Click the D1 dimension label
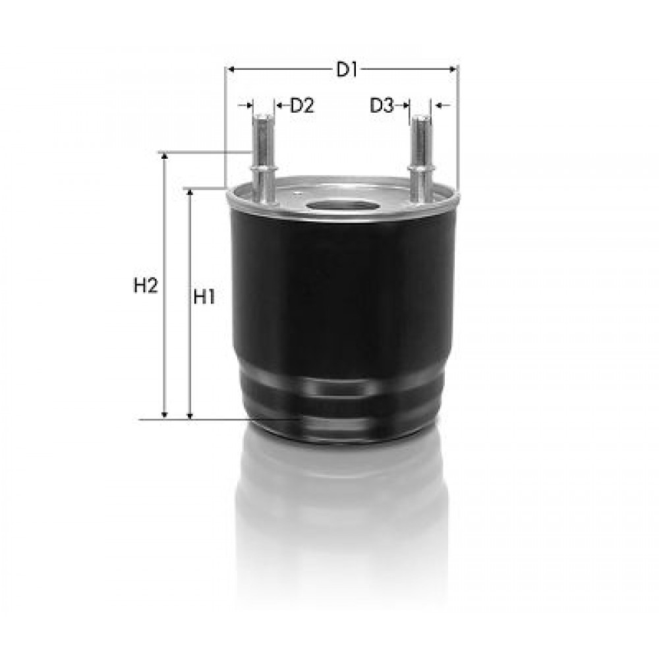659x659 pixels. (346, 70)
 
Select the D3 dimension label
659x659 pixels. (382, 105)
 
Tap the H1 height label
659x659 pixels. (204, 298)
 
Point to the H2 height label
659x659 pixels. (146, 286)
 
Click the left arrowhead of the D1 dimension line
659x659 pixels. (230, 69)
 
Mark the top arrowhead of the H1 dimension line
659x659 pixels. (190, 193)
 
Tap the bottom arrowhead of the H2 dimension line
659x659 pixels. (165, 415)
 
